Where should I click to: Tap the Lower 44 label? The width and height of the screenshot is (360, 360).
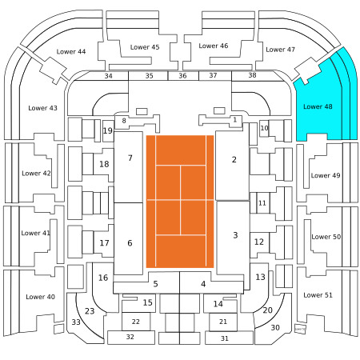[x=71, y=51]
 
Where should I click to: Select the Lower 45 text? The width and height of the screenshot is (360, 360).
[x=145, y=47]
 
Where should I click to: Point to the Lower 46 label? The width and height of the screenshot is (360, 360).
[x=214, y=46]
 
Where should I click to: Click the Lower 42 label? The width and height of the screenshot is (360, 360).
[x=36, y=174]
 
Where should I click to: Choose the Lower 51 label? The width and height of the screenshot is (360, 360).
[x=318, y=295]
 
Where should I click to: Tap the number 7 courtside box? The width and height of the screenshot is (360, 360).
[x=128, y=167]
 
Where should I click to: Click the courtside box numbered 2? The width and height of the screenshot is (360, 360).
[x=233, y=166]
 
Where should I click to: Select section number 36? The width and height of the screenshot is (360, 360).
[x=183, y=76]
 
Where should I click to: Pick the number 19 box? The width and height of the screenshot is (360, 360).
[x=108, y=131]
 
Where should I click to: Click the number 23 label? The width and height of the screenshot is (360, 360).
[x=90, y=311]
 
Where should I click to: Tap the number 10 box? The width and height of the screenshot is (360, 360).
[x=264, y=128]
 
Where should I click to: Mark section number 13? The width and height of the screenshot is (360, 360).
[x=260, y=277]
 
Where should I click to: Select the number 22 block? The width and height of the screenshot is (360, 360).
[x=136, y=322]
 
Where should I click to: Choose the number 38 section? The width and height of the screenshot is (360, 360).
[x=252, y=75]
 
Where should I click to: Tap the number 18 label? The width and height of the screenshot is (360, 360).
[x=104, y=164]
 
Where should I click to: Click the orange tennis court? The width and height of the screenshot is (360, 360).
[x=180, y=202]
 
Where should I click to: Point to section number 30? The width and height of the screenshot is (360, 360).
[x=275, y=327]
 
